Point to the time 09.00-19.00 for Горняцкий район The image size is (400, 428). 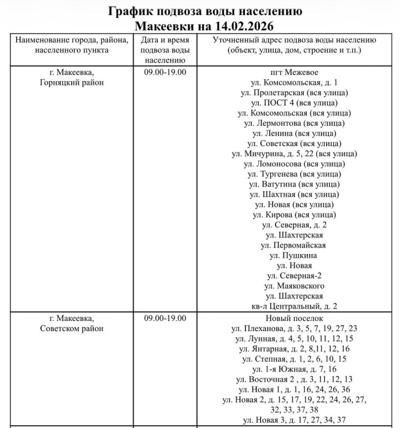coord(165,72)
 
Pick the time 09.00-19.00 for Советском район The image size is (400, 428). coord(165,318)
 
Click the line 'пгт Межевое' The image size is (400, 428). coord(294,72)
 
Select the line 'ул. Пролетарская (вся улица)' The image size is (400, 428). coord(294,93)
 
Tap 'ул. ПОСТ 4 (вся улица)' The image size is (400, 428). coord(294,103)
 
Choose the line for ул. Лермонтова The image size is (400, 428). coord(294,123)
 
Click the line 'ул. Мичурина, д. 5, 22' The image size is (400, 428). coord(294,154)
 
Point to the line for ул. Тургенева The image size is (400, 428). coord(294,174)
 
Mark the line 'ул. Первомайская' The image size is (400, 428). coord(294,245)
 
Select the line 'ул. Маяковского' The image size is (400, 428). coord(294,286)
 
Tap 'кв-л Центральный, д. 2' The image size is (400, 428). coord(294,307)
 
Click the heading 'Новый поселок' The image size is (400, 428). coord(294,318)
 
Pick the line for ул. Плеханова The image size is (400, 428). coord(294,328)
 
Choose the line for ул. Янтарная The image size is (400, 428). coord(294,348)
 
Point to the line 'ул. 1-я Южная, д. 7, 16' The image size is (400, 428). coord(294,369)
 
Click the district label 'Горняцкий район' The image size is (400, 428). coord(72,82)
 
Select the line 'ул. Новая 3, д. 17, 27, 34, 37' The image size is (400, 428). coord(294,420)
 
